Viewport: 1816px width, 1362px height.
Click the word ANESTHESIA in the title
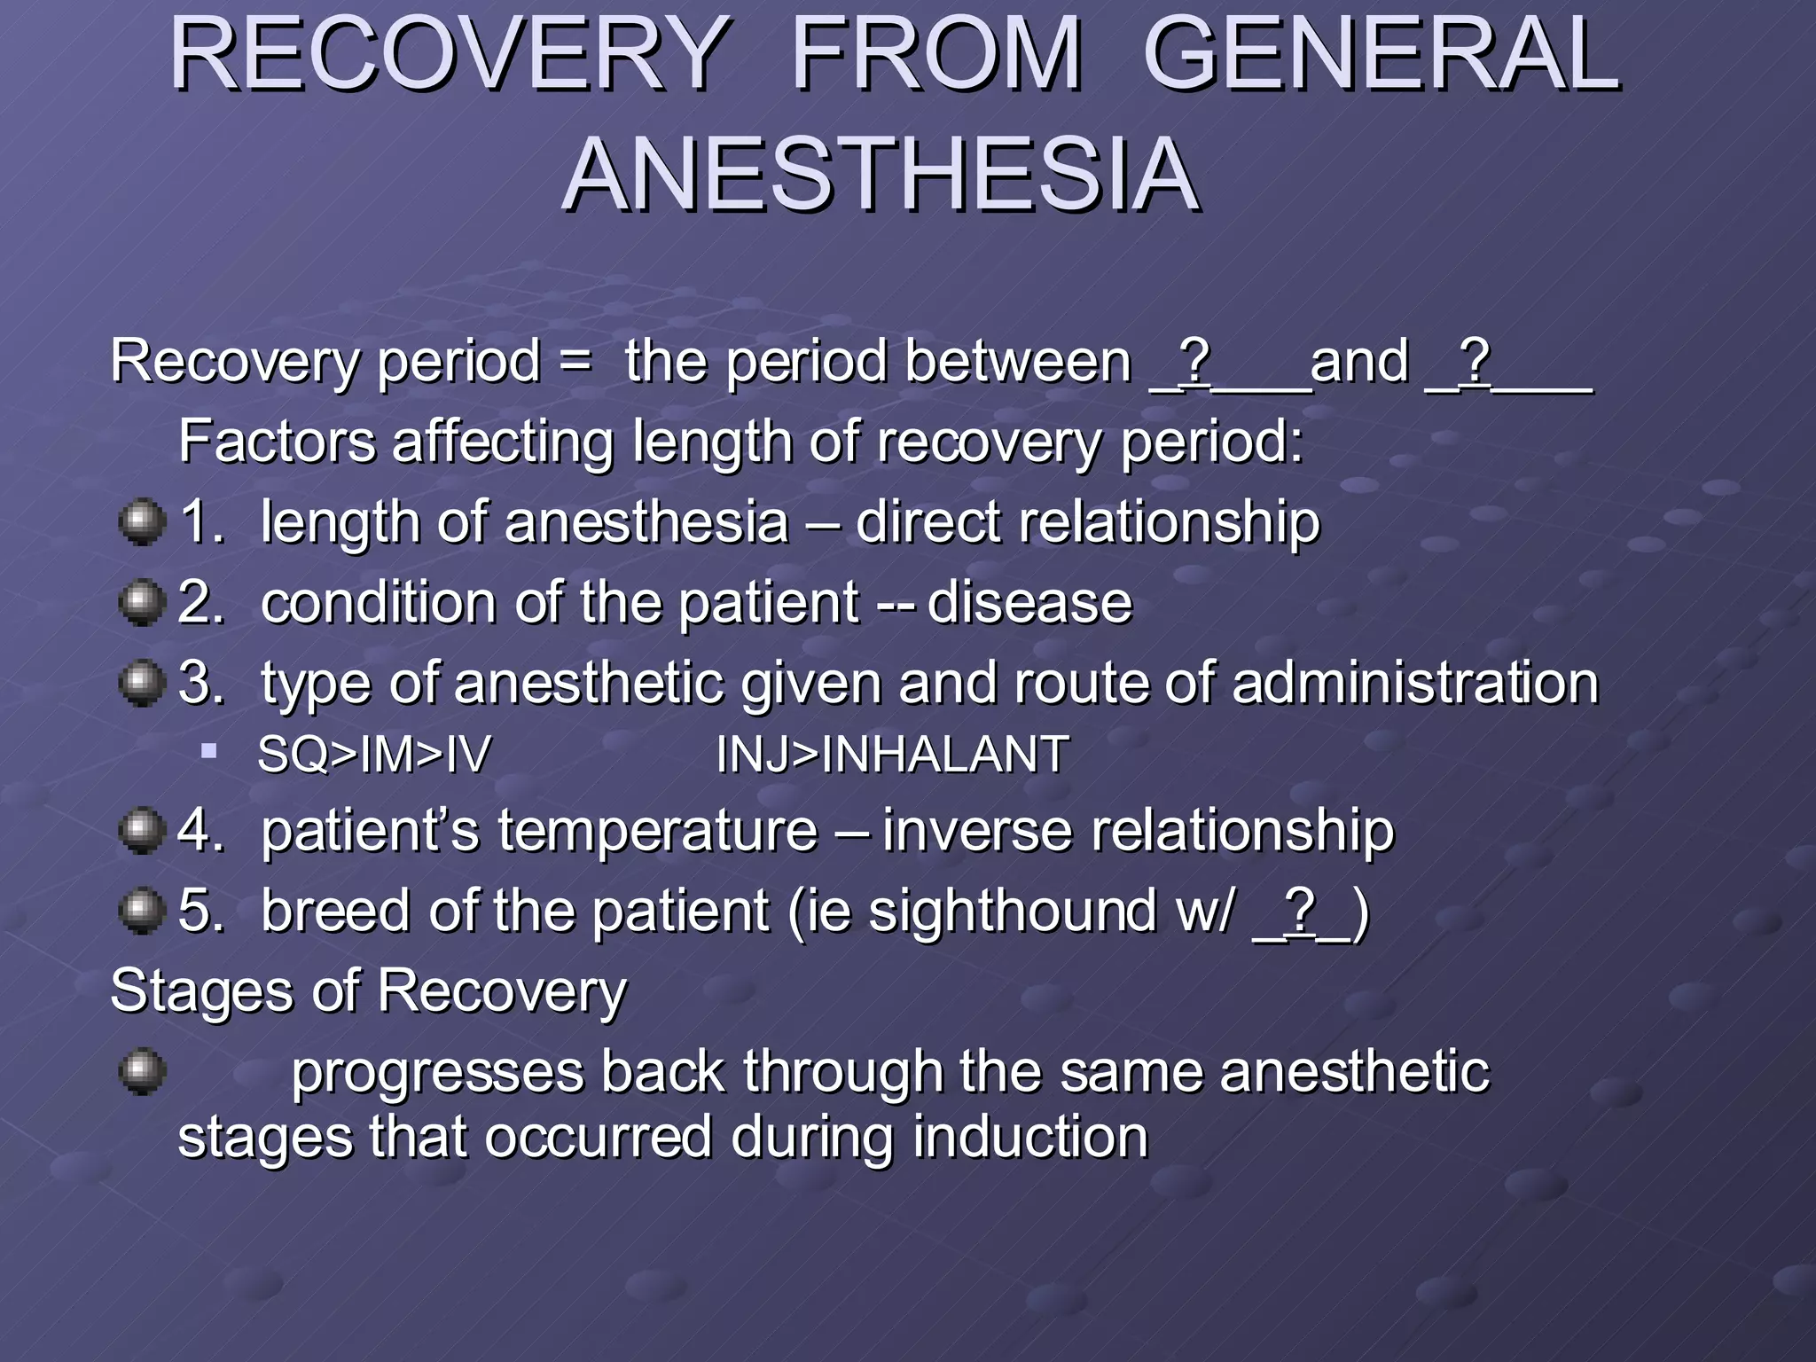click(881, 175)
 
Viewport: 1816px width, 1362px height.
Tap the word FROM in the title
click(936, 55)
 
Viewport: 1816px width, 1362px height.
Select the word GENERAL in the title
click(1382, 55)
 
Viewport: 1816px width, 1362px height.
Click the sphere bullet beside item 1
click(142, 521)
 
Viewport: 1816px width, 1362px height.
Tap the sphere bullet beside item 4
click(142, 831)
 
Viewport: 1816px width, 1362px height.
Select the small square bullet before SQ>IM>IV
click(209, 753)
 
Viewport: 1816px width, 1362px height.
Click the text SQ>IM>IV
click(373, 755)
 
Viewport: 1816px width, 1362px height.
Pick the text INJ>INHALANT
click(891, 755)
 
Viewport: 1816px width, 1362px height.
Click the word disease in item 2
click(1029, 603)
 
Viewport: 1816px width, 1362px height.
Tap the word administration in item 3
click(1415, 684)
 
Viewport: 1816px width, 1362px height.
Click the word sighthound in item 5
click(1012, 912)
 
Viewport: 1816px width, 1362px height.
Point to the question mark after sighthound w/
click(1299, 911)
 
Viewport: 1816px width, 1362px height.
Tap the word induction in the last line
click(1030, 1138)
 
